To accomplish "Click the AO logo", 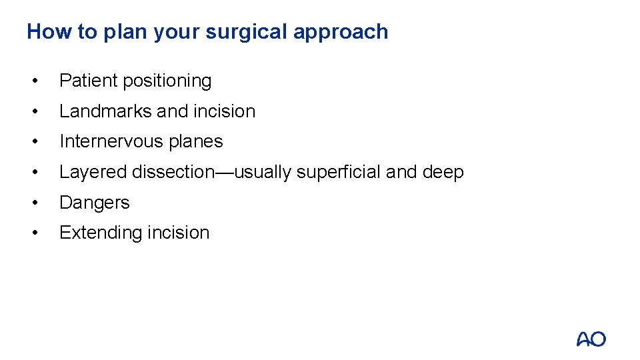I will click(x=591, y=339).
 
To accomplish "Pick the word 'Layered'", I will click(x=93, y=172).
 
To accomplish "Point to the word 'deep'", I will click(x=443, y=173).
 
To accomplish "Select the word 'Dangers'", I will click(x=94, y=203).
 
